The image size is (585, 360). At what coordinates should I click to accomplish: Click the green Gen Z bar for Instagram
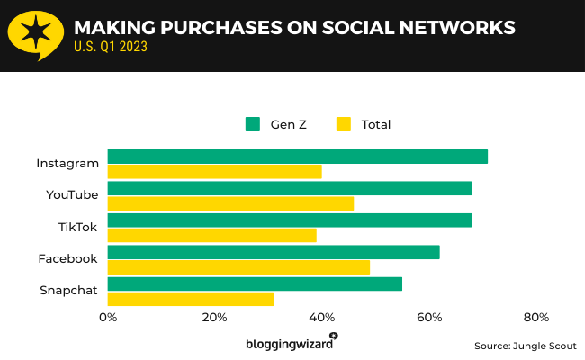(297, 157)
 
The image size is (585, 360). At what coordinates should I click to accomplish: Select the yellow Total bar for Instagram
(214, 172)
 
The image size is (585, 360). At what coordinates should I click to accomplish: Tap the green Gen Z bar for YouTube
(289, 188)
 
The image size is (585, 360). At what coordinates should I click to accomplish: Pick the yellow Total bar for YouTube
(230, 203)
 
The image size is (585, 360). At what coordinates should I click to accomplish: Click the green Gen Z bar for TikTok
(289, 220)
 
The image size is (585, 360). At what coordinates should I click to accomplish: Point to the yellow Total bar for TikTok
(211, 236)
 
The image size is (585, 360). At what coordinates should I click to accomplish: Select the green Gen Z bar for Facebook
(274, 252)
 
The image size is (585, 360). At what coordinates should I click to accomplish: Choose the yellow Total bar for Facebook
(238, 267)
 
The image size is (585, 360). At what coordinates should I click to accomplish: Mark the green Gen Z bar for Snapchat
(255, 284)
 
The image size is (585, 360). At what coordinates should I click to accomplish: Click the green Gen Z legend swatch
(253, 124)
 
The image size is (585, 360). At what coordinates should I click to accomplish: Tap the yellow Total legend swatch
(343, 124)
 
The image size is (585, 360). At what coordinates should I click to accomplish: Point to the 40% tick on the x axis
(322, 317)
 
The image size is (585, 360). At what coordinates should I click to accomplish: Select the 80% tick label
(536, 317)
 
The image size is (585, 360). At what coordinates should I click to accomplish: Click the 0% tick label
(108, 317)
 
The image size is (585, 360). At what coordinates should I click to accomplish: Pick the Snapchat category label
(68, 290)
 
